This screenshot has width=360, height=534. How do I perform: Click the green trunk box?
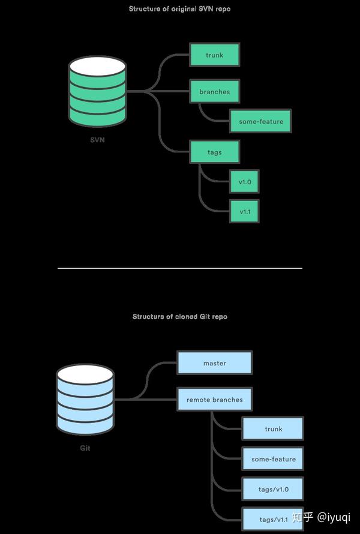coord(214,55)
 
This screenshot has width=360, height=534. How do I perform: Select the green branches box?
coord(214,92)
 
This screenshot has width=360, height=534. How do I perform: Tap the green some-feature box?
coord(260,121)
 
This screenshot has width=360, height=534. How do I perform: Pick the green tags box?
coord(214,152)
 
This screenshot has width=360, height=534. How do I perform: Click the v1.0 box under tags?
coord(244,182)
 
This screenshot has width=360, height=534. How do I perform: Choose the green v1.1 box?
coord(244,212)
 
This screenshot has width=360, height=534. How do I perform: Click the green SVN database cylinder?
coord(98,90)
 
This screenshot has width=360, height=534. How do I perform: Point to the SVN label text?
coord(98,140)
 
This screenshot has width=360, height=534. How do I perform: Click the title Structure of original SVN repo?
coord(179,9)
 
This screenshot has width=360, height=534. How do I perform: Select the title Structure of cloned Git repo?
coord(179,316)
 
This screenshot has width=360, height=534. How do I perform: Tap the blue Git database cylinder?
coord(85,398)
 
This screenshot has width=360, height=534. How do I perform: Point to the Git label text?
coord(85,448)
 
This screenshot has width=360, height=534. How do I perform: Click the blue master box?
coord(214,363)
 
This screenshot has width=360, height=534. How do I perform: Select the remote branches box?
coord(214,399)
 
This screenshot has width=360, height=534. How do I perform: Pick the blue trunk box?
coord(273,429)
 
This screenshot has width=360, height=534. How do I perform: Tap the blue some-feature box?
coord(273,459)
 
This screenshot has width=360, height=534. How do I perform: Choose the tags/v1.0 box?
coord(273,489)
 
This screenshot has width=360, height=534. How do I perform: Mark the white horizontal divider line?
coord(179,268)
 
